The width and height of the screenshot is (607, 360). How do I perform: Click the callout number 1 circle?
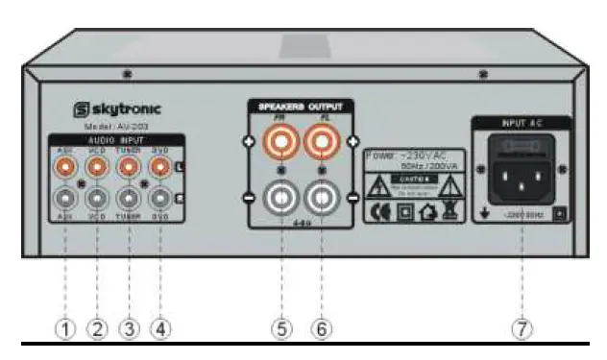(x=64, y=328)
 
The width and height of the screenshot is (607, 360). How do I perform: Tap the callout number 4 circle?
(x=160, y=328)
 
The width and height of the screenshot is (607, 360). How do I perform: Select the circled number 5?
(x=281, y=328)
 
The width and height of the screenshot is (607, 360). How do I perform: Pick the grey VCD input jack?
(x=96, y=200)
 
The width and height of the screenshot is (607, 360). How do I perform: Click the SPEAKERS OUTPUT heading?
(x=299, y=106)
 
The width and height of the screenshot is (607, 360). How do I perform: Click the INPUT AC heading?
(x=520, y=124)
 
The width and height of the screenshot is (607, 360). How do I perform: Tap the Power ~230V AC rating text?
(x=412, y=156)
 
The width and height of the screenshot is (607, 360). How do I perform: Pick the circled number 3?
(x=129, y=328)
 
